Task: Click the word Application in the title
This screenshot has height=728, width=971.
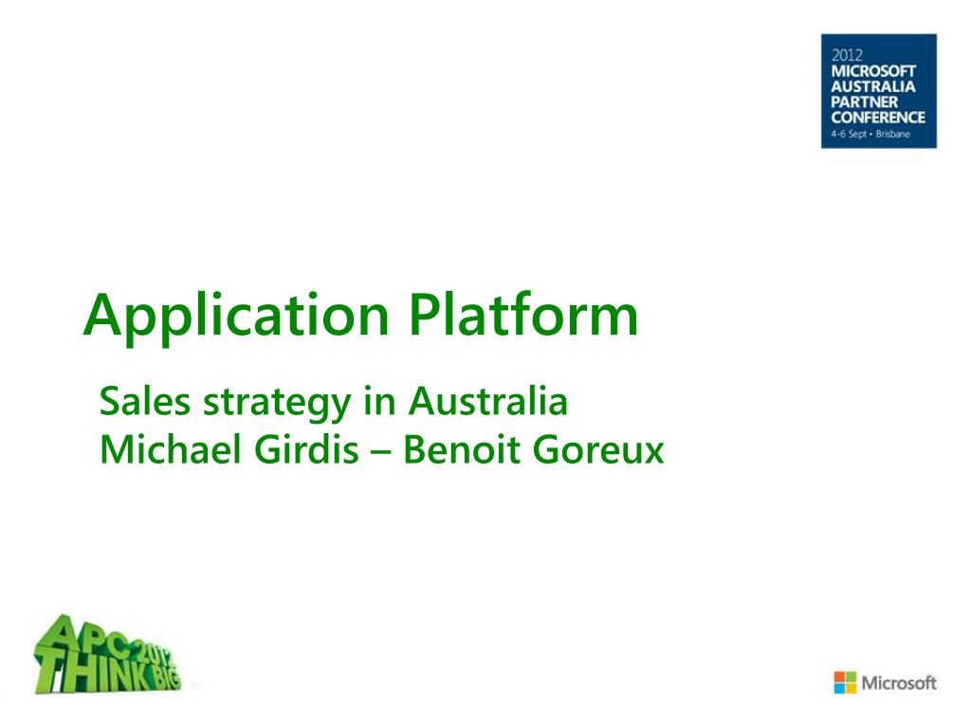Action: point(236,317)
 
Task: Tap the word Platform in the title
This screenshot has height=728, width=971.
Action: point(523,314)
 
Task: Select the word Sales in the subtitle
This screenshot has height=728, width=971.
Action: point(144,401)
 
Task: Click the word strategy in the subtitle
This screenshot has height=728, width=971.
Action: point(278,404)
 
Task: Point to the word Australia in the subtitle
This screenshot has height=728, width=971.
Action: point(488,401)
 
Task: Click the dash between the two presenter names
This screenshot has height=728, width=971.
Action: point(381,452)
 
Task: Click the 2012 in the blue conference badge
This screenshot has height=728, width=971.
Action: point(847,55)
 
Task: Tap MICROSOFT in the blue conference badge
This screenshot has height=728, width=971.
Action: point(873,70)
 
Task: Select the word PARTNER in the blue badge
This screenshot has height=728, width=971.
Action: point(865,101)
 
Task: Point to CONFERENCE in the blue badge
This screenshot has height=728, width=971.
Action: point(878,117)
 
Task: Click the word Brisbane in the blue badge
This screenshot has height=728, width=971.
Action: point(893,134)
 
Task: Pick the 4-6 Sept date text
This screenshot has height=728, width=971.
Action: point(849,134)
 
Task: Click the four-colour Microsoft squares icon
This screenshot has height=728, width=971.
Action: point(845,682)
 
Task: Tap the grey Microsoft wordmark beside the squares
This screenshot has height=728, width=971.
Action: point(899,682)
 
